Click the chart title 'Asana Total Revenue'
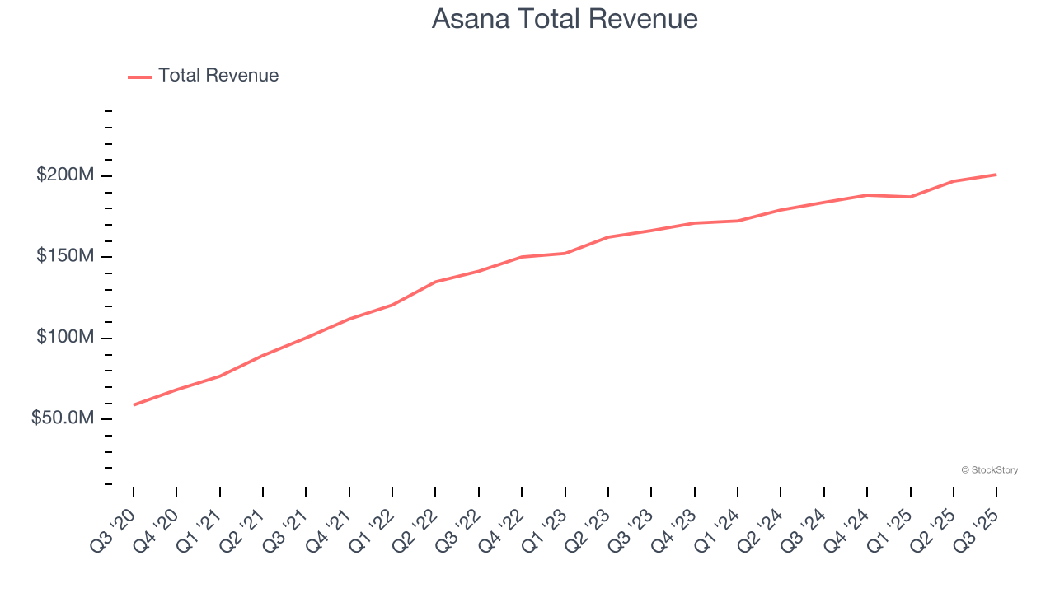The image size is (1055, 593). pos(565,19)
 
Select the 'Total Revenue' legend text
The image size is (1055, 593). pos(218,76)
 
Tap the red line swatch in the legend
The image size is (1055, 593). pos(140,77)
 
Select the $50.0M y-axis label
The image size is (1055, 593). pos(63,418)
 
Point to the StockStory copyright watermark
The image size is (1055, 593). pos(989,470)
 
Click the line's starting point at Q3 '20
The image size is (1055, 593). pos(134,404)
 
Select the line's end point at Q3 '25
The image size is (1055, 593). pos(996,175)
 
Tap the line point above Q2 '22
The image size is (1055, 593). pos(435,282)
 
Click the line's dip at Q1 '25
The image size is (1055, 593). pos(910,197)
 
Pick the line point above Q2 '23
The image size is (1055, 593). pos(608,237)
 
